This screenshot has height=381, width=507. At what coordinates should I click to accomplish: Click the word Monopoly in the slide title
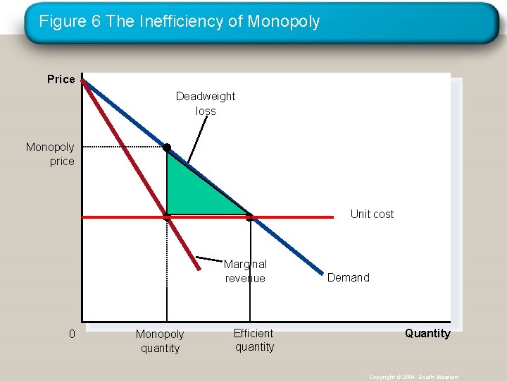click(283, 22)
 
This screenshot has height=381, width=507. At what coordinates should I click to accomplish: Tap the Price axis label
click(61, 79)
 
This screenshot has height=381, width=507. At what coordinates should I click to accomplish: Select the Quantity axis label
click(427, 333)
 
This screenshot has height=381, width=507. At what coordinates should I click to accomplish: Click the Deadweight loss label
click(206, 103)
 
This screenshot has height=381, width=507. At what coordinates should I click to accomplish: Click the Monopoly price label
click(50, 154)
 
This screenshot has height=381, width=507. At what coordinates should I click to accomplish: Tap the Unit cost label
click(372, 214)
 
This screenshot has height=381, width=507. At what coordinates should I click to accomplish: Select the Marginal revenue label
click(245, 271)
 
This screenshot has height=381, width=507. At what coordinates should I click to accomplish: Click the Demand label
click(348, 277)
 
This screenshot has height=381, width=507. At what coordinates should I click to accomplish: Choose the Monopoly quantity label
click(160, 341)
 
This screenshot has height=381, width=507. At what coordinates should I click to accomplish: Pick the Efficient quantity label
click(254, 339)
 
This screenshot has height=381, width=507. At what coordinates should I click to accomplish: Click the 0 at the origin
click(72, 334)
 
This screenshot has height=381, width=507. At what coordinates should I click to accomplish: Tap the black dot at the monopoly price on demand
click(167, 147)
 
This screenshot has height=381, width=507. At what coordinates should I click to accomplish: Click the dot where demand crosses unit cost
click(250, 217)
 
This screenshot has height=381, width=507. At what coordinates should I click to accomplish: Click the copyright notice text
click(413, 377)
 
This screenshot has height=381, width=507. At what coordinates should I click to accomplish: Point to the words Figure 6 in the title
click(70, 22)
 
